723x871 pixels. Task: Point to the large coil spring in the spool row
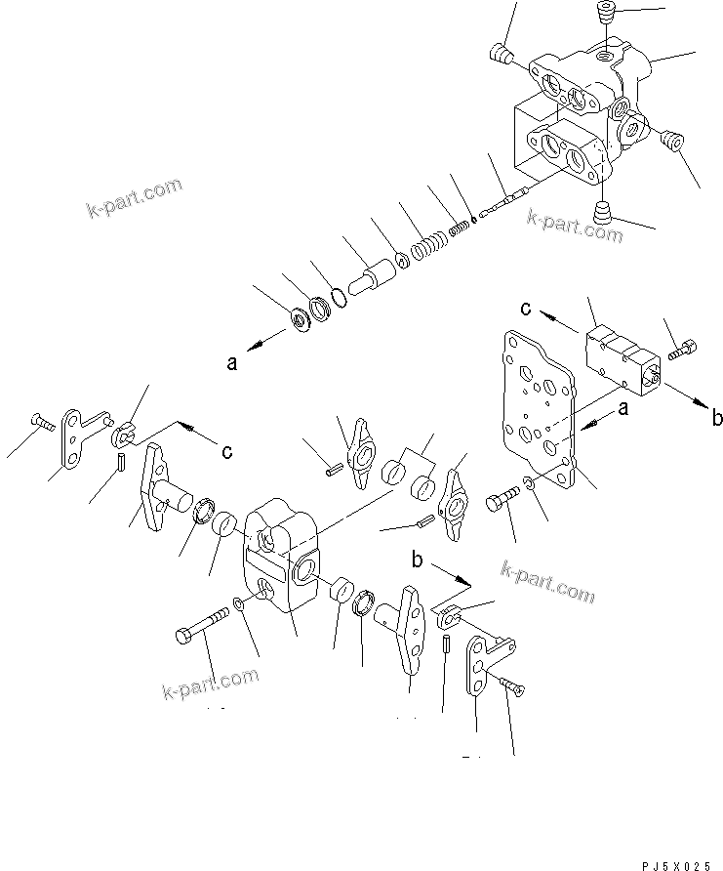pos(428,248)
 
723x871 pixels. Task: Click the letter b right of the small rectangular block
pos(717,418)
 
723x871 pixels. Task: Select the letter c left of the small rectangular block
pos(526,311)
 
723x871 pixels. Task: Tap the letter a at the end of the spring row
pos(232,363)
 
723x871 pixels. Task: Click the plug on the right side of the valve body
pos(670,142)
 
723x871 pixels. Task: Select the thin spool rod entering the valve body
pos(508,201)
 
